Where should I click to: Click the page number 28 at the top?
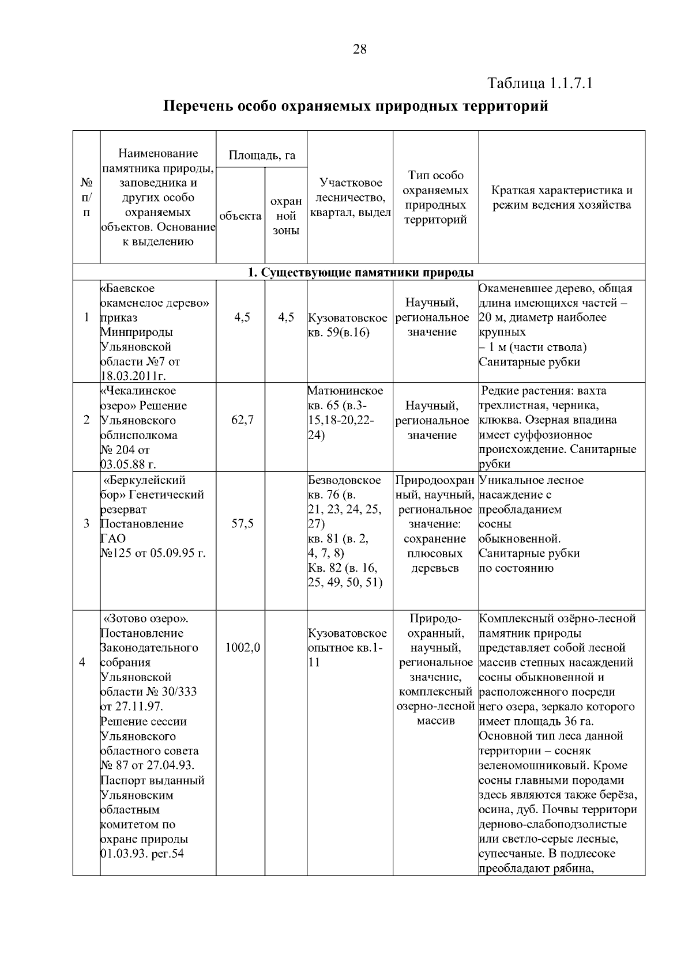[x=359, y=50]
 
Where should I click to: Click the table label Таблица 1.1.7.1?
[x=540, y=84]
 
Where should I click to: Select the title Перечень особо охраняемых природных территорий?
[x=356, y=107]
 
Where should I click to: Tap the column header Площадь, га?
[x=262, y=155]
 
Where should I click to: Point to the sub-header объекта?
[x=240, y=216]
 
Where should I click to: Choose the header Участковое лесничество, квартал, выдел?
[x=351, y=198]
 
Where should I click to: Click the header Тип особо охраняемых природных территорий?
[x=435, y=198]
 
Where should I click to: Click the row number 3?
[x=86, y=524]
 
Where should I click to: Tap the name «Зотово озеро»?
[x=146, y=618]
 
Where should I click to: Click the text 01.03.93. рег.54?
[x=142, y=854]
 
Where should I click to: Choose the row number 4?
[x=82, y=662]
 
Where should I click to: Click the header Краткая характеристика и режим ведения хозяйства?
[x=562, y=198]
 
